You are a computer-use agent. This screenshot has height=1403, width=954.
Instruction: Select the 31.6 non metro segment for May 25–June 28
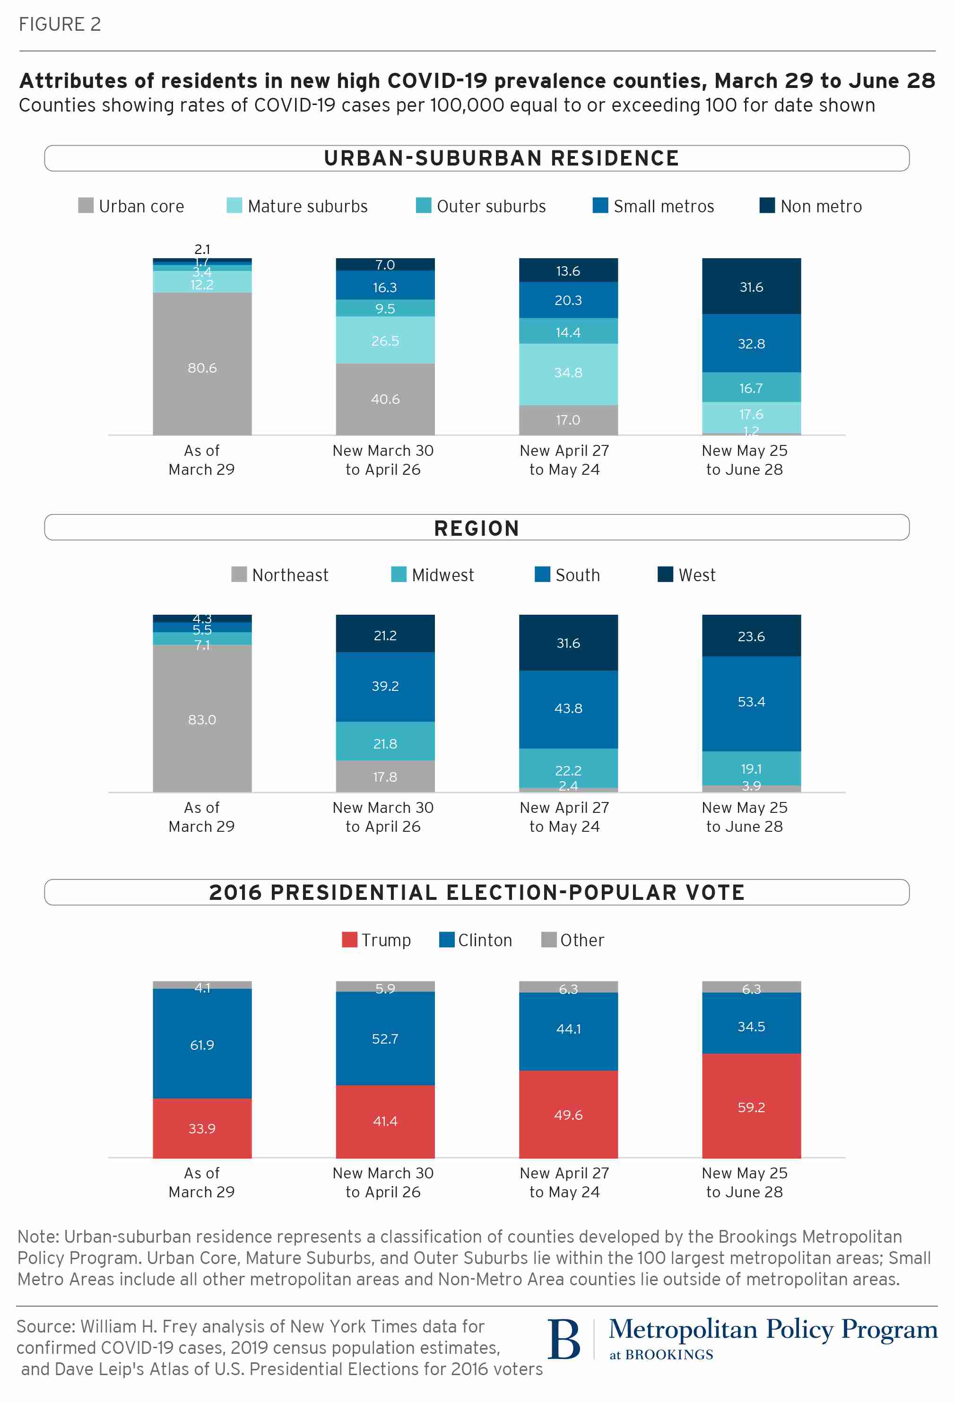[751, 286]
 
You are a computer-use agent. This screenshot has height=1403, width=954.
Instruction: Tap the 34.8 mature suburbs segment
[568, 374]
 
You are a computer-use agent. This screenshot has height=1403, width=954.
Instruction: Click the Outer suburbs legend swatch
[424, 206]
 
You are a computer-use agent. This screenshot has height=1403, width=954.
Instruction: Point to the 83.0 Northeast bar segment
[202, 718]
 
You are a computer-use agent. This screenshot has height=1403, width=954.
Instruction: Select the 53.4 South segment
[751, 703]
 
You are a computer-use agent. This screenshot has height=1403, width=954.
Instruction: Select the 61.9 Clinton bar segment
[202, 1043]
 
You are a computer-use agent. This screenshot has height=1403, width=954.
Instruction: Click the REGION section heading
[477, 528]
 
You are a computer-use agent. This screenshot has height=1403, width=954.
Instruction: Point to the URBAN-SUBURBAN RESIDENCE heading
[501, 158]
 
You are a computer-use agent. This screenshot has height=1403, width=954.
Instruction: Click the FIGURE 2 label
[60, 24]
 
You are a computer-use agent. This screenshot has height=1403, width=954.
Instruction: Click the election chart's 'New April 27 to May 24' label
[564, 1182]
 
